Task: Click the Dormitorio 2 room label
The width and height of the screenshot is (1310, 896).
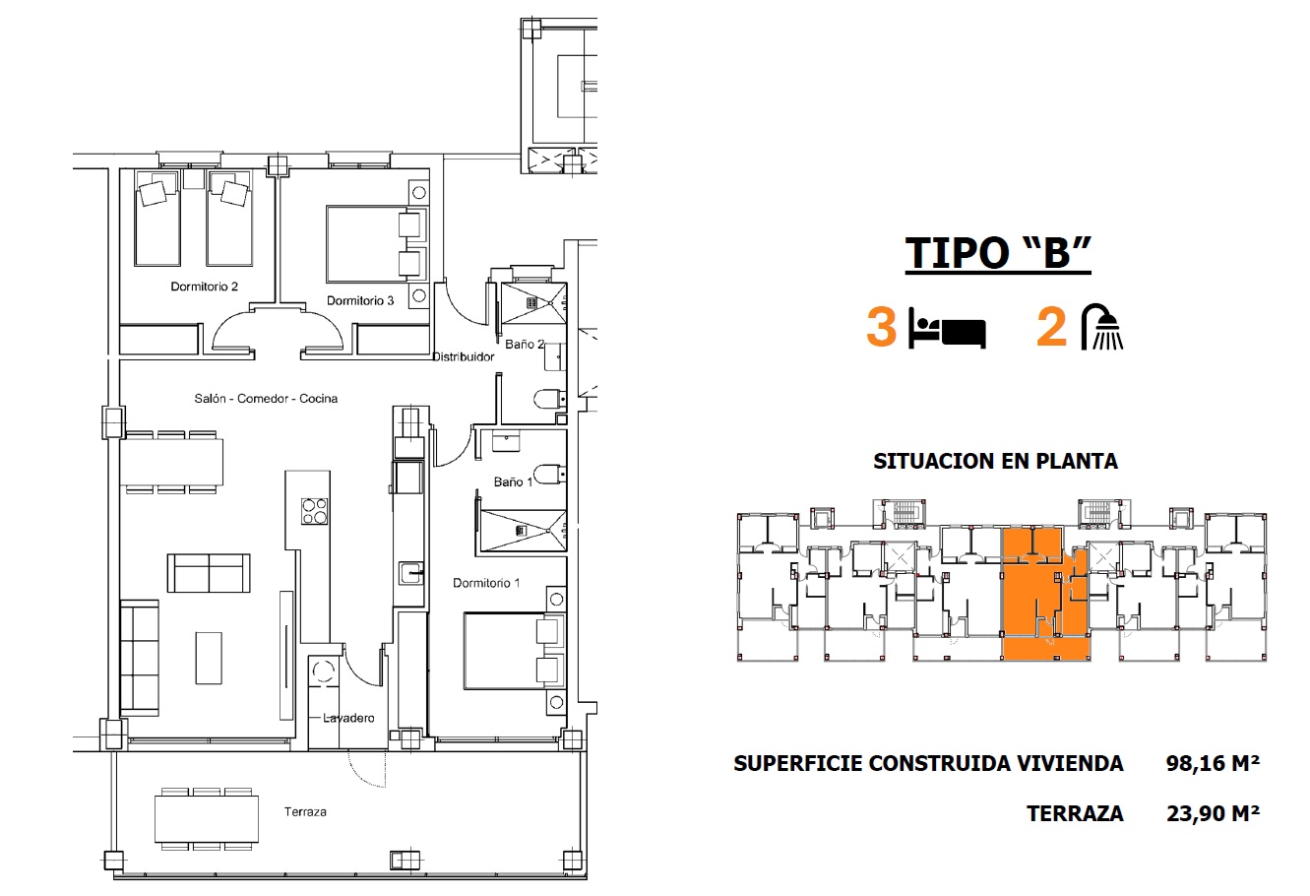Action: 204,287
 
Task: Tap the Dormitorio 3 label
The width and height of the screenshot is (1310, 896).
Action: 360,301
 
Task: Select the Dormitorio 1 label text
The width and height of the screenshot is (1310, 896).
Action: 486,583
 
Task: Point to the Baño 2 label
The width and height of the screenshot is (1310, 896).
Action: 525,344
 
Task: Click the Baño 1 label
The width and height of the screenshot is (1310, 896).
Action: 513,481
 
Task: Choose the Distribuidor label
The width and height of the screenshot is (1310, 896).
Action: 464,356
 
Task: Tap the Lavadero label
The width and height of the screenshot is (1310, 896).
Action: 348,718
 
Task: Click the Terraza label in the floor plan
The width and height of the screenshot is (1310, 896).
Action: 305,811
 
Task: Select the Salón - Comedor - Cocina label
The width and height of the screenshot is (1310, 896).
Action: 266,399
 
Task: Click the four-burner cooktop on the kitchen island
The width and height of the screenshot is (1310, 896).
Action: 315,511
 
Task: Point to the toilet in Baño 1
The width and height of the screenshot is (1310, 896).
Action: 550,474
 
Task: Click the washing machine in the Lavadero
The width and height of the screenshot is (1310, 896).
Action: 324,671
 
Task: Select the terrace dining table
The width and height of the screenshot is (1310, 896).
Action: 207,819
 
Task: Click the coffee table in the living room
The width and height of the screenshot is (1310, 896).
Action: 209,658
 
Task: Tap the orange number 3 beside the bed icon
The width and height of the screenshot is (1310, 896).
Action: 881,327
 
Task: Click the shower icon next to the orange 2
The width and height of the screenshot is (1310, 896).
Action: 1101,327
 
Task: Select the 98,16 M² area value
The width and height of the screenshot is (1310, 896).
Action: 1213,763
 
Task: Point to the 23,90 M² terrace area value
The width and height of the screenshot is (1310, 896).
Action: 1213,813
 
